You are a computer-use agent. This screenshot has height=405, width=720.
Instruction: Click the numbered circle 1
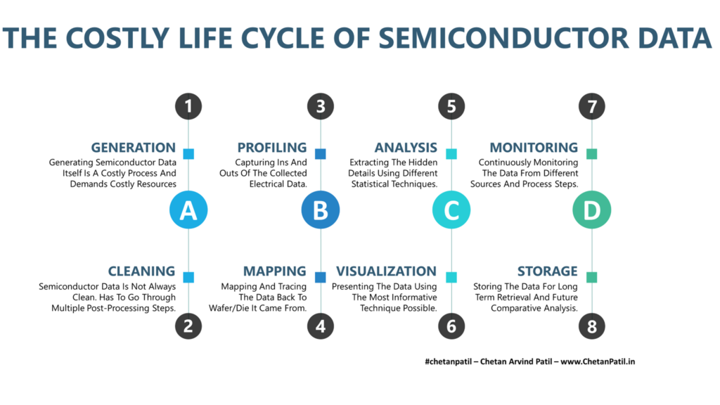pos(188,106)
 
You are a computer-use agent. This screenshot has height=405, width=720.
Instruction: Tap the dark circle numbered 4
pos(321,326)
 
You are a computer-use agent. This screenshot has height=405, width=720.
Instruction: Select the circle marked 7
pos(591,106)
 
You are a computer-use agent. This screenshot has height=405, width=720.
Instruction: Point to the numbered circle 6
pos(451,326)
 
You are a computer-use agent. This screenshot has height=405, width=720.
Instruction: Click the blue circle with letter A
pos(188,210)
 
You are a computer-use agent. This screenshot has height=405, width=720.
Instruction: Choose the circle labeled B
pos(321,210)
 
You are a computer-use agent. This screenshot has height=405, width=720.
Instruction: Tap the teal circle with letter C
pos(451,210)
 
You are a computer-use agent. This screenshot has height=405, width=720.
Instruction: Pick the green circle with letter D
pos(591,210)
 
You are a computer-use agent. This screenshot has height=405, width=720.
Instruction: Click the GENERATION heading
pos(133,148)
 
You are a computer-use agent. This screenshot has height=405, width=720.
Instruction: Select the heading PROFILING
pos(272,148)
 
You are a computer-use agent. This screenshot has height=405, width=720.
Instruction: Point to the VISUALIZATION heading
pos(386,271)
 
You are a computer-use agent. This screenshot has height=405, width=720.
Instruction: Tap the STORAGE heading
pos(547,271)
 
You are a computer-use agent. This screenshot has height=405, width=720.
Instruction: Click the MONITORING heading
pos(534,148)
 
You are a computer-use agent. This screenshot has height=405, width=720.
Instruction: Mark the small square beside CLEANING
pos(188,277)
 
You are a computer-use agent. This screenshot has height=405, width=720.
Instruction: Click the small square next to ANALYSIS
pos(451,153)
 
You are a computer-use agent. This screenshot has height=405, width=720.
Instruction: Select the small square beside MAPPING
pos(321,277)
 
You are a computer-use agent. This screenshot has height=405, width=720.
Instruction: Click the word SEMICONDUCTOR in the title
pos(503,38)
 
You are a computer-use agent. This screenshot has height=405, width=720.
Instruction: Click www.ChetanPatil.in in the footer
pos(598,361)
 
